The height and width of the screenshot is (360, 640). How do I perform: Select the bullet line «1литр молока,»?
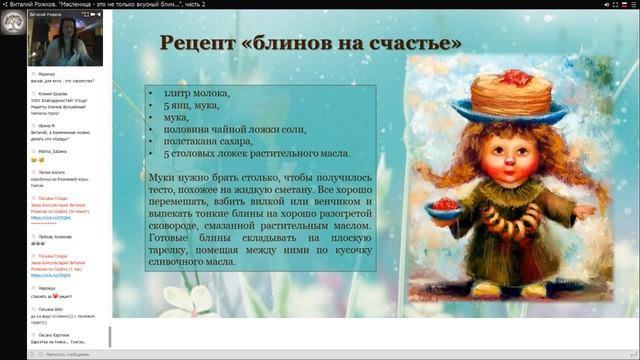coord(196,93)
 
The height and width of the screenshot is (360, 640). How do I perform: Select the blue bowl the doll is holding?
coord(443,208)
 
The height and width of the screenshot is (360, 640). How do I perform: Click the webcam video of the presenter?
coord(66,39)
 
